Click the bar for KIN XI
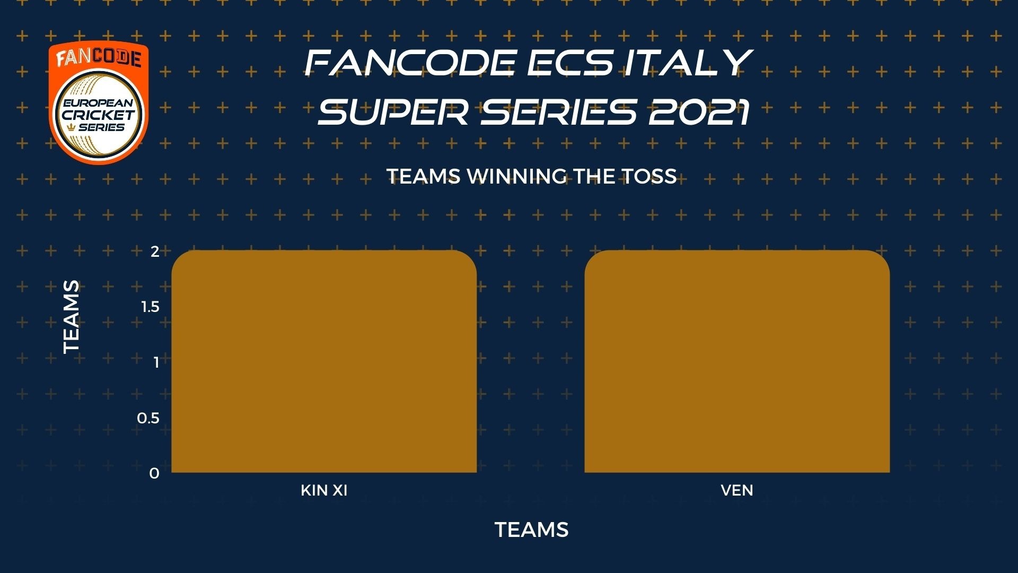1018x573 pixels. [x=324, y=361]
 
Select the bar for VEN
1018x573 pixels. [x=737, y=361]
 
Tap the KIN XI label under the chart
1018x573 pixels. [x=324, y=490]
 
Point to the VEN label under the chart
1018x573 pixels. [x=737, y=490]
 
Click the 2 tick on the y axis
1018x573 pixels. [x=155, y=251]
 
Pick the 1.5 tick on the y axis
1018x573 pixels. [x=150, y=307]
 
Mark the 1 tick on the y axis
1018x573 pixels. [x=156, y=362]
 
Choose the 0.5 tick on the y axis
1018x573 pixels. [x=148, y=418]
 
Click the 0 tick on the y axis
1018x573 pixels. [x=154, y=473]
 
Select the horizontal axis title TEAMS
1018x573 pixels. [x=532, y=529]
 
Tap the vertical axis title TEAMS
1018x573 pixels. [x=71, y=317]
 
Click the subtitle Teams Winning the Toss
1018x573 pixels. [x=532, y=176]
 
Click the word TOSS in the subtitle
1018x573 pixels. [x=650, y=176]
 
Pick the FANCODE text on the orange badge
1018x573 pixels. [x=99, y=58]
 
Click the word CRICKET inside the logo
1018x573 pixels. [x=99, y=115]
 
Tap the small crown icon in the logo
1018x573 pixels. [x=72, y=127]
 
